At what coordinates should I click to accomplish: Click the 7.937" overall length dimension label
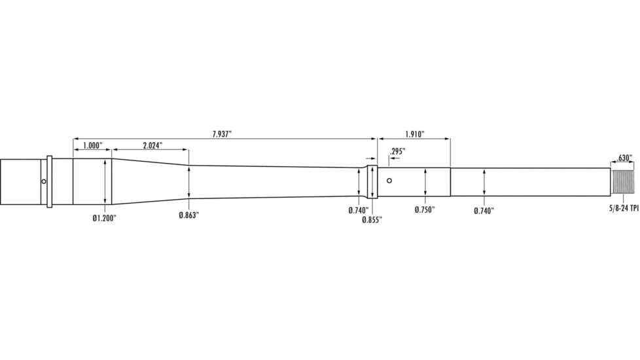(222, 134)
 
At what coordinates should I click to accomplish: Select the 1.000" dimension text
(92, 145)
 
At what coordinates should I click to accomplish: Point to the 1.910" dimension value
(414, 134)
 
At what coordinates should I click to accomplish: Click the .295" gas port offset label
(397, 151)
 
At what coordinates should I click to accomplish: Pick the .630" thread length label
(624, 158)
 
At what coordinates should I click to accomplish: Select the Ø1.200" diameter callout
(104, 218)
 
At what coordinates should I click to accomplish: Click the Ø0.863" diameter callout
(188, 215)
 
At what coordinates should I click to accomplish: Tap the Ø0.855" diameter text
(372, 220)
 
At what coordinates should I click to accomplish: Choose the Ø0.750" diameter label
(425, 210)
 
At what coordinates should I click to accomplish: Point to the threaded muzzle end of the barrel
(623, 181)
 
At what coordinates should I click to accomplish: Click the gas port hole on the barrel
(389, 181)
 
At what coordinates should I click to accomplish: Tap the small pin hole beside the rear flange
(43, 181)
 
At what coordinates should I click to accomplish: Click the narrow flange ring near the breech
(49, 181)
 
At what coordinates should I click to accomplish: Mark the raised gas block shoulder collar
(372, 181)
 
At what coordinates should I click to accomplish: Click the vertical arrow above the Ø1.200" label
(105, 181)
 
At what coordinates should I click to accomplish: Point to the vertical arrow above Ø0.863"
(188, 181)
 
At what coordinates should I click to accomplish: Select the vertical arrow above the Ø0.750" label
(425, 181)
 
